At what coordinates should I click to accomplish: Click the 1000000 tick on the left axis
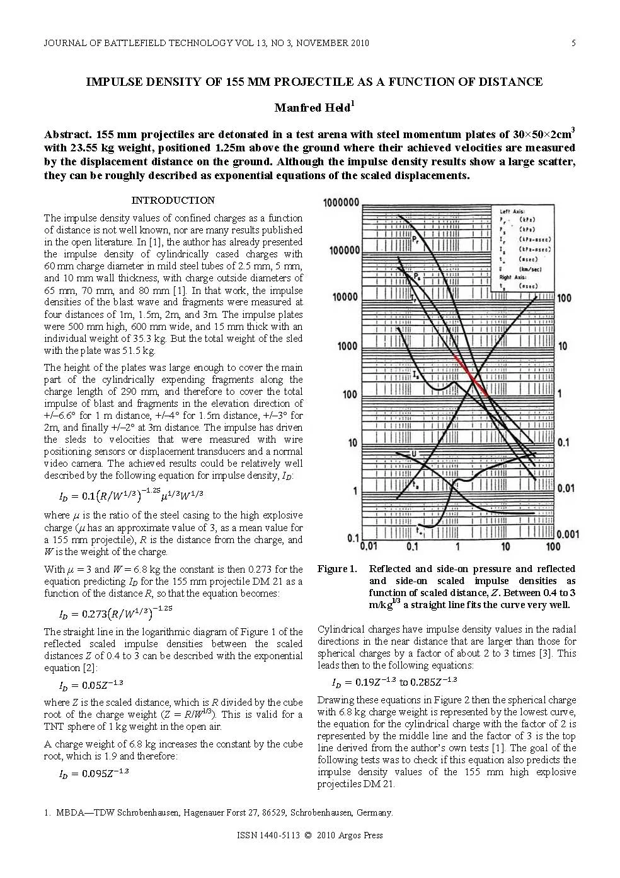tap(340, 202)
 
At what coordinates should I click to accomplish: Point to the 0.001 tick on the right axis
tap(568, 534)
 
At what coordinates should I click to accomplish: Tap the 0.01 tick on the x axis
tap(368, 546)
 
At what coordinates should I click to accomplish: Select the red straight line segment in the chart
tap(471, 375)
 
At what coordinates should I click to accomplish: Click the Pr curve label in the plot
tap(415, 239)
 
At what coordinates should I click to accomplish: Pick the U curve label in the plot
tap(414, 454)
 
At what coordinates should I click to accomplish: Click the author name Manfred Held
tap(313, 108)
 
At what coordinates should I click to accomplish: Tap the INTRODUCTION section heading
tap(173, 201)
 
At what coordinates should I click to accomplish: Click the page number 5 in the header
tap(573, 44)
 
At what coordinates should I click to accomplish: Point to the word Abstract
tap(68, 135)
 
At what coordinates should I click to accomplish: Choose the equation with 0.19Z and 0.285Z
tap(394, 682)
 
